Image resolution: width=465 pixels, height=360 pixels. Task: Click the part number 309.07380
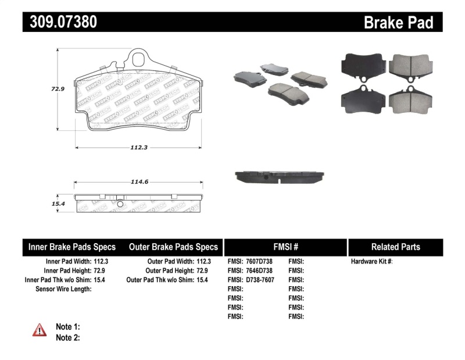tap(60, 22)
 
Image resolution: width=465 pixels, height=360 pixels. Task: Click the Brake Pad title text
tap(398, 23)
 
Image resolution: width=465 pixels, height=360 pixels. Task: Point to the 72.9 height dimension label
tap(57, 89)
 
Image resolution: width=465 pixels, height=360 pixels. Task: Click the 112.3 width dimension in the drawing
tap(138, 147)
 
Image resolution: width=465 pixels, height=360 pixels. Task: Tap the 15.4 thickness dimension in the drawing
tap(56, 204)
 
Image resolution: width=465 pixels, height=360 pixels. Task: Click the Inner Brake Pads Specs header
tap(72, 247)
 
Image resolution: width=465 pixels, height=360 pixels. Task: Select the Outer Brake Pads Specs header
tap(173, 247)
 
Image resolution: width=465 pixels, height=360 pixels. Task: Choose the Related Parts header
tap(395, 247)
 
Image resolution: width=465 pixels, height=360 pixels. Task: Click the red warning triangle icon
tap(39, 330)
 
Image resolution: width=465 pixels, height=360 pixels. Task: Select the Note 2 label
tap(67, 337)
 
